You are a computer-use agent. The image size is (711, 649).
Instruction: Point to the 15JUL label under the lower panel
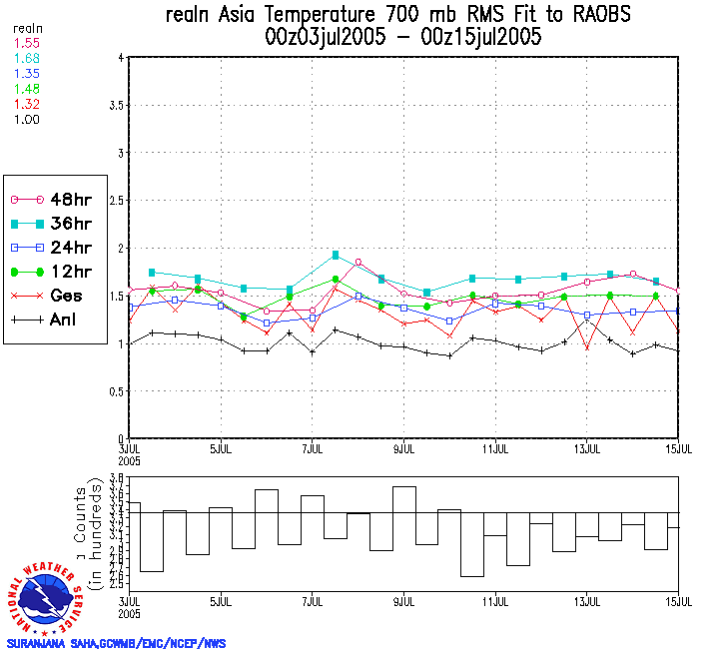tap(679, 603)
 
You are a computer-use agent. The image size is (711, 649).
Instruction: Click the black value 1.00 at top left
tap(25, 119)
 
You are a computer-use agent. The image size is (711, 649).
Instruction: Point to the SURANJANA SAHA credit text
tap(116, 643)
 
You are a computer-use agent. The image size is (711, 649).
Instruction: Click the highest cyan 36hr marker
tap(336, 255)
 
